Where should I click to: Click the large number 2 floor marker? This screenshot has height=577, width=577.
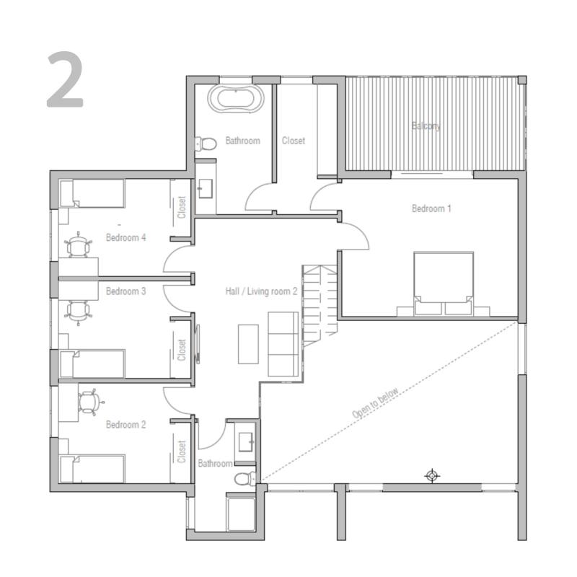[x=66, y=79]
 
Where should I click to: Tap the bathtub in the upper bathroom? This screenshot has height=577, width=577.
[x=236, y=98]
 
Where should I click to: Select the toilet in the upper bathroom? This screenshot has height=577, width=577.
[x=206, y=144]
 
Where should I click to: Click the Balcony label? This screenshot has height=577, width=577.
[x=426, y=126]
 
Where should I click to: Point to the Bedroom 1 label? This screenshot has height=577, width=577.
[x=431, y=208]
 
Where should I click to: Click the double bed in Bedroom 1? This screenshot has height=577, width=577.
[x=444, y=283]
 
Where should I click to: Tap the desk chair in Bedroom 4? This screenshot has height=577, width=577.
[x=78, y=245]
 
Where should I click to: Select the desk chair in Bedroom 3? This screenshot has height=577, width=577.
[x=78, y=313]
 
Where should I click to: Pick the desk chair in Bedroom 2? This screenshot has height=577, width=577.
[x=89, y=402]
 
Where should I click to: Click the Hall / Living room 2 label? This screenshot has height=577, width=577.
[x=261, y=291]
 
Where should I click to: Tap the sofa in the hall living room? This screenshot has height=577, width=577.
[x=283, y=344]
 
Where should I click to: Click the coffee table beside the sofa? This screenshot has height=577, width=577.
[x=248, y=344]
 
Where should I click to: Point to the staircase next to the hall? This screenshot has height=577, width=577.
[x=320, y=305]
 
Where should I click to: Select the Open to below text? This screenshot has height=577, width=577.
[x=375, y=403]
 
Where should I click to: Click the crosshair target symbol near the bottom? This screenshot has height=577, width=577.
[x=432, y=476]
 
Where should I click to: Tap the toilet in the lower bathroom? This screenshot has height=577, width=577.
[x=245, y=479]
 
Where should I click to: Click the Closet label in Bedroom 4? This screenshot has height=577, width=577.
[x=182, y=207]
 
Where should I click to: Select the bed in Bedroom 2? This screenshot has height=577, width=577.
[x=92, y=469]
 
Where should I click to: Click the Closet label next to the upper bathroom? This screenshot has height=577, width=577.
[x=294, y=141]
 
